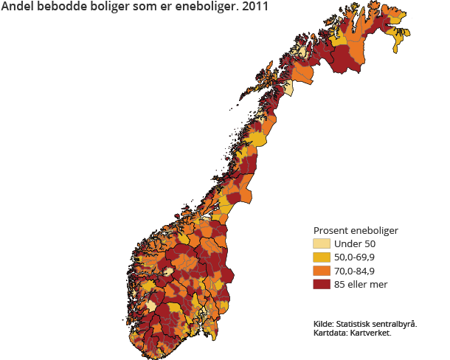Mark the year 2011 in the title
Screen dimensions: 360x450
pos(255,7)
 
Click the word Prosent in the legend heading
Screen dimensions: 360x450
pos(332,230)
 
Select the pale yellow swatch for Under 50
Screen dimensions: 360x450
pos(322,244)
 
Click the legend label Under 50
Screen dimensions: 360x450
pos(355,244)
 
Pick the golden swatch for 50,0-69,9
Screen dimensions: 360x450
pos(322,257)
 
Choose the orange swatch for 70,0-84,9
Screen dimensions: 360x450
pos(322,271)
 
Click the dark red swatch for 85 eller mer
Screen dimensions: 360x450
pos(322,284)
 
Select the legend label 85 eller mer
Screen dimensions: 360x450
pos(361,284)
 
